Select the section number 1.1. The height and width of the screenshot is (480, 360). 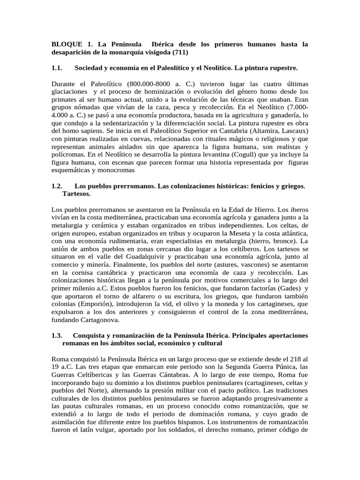(57, 68)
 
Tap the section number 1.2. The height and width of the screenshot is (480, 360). (57, 186)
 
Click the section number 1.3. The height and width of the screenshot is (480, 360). (57, 336)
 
